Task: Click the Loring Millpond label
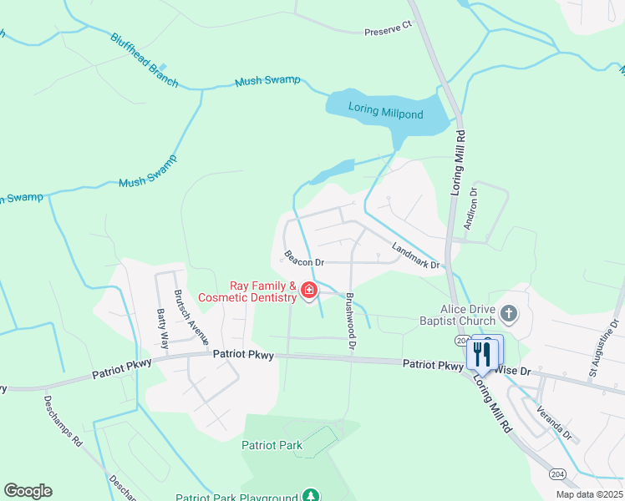click(385, 113)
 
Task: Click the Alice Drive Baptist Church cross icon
click(508, 314)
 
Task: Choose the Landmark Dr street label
click(415, 254)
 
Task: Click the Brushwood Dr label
click(351, 321)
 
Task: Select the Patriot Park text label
click(272, 445)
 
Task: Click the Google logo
click(28, 491)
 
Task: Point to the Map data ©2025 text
click(589, 494)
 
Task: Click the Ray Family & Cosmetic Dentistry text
click(247, 291)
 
